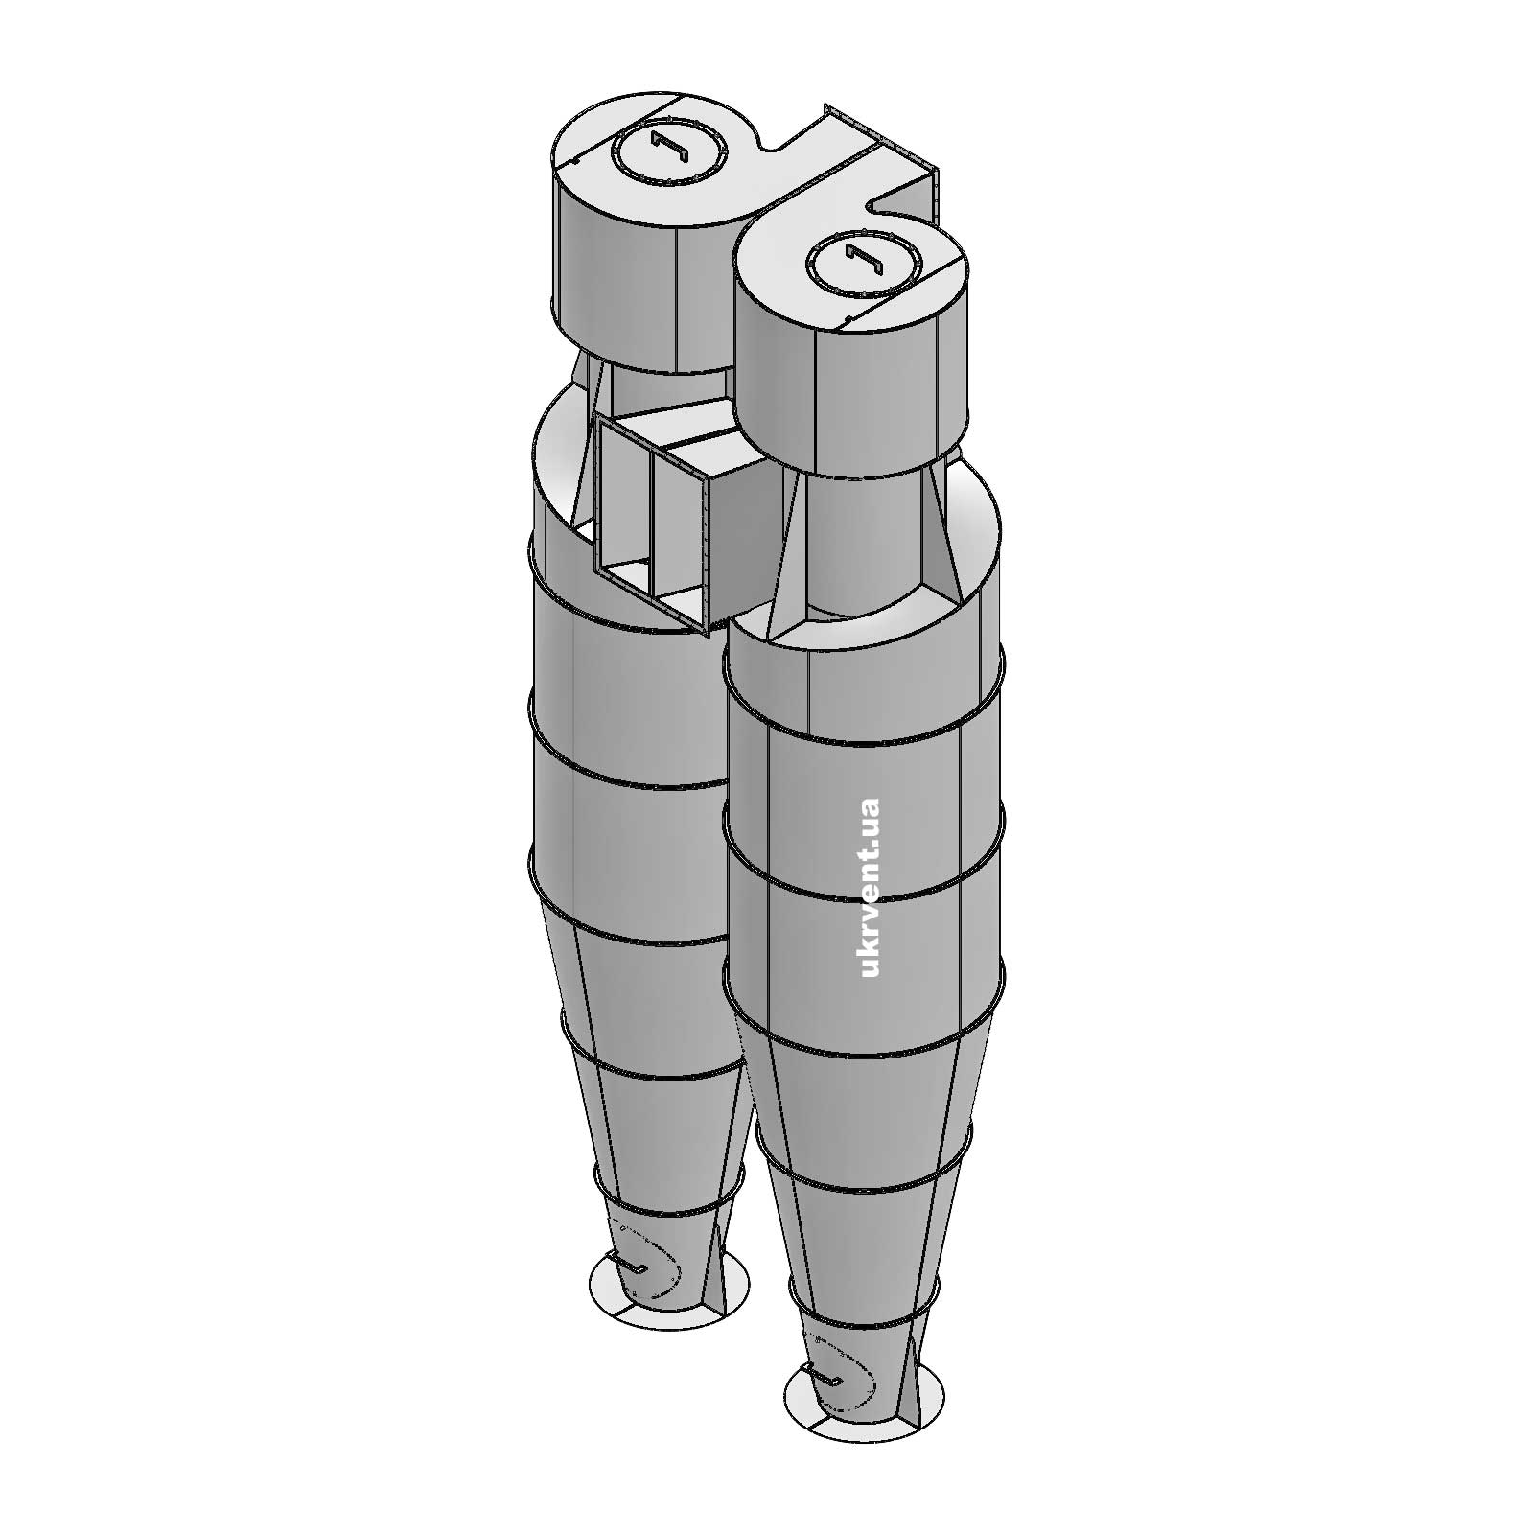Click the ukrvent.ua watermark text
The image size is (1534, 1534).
click(x=871, y=887)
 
